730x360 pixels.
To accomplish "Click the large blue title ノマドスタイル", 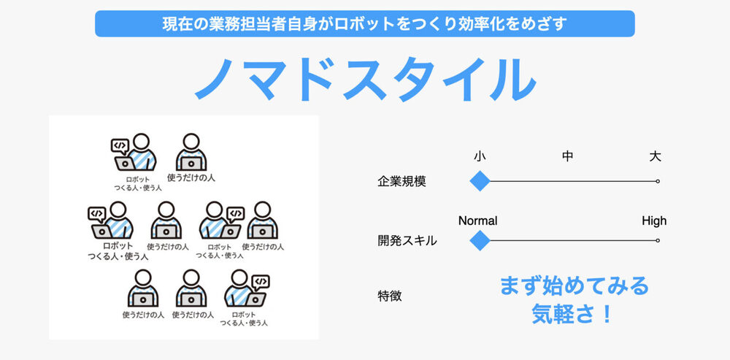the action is [x=365, y=79].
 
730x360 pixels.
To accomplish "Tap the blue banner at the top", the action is [x=365, y=24].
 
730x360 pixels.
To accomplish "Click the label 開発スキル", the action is [x=407, y=241].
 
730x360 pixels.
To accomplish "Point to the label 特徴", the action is [x=389, y=296].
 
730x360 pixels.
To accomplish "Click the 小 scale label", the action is [x=480, y=156].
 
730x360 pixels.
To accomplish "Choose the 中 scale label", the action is [x=567, y=156].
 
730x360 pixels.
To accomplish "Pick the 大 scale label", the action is [x=655, y=156].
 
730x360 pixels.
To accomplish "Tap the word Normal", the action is [x=477, y=221].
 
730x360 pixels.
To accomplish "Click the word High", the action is [x=654, y=221].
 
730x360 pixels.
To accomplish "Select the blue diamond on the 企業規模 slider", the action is [x=480, y=181].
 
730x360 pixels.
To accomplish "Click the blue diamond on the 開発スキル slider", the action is [x=480, y=240].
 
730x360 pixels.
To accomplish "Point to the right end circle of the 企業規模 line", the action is [x=658, y=181].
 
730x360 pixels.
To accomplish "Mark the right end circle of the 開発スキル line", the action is [x=658, y=240].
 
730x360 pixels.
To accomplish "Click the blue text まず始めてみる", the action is [x=574, y=286].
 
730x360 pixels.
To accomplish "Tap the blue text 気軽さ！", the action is [x=574, y=314].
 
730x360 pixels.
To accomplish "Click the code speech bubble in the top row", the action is [x=120, y=146].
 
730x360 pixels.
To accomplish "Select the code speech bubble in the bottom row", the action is [x=261, y=282].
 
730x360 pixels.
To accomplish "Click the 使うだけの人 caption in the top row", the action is [x=191, y=178].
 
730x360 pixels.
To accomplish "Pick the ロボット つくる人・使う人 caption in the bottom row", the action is [x=244, y=318].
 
